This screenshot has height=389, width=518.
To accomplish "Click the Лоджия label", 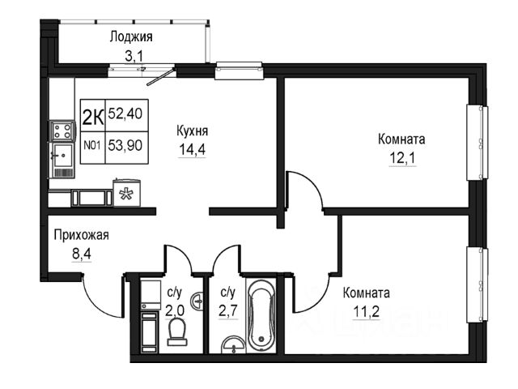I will [132, 36].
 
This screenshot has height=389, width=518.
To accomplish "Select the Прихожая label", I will [81, 236].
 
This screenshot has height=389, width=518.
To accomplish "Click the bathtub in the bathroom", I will [262, 316].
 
